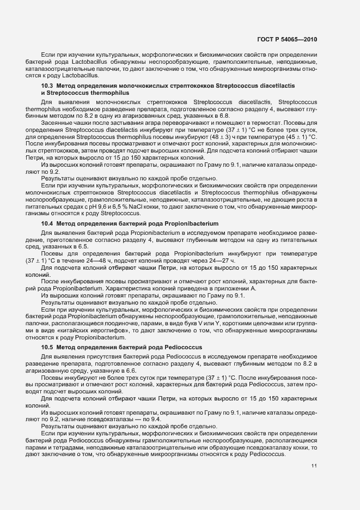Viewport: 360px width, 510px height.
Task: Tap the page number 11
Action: click(314, 465)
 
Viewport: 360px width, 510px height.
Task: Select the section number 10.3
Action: click(47, 86)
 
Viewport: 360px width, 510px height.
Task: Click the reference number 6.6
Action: click(129, 370)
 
